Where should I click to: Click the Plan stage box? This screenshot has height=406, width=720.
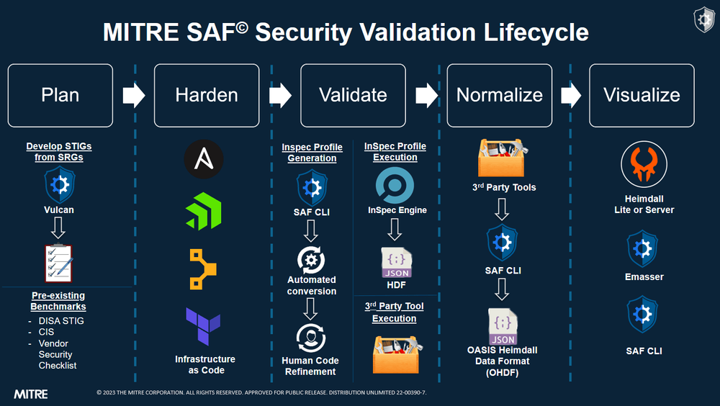(60, 95)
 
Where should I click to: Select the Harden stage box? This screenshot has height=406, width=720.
(207, 95)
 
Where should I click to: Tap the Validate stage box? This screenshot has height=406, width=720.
(353, 95)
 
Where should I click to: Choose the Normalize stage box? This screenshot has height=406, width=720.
(500, 95)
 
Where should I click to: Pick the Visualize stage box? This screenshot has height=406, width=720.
(642, 95)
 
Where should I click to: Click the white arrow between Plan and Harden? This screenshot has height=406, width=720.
(134, 96)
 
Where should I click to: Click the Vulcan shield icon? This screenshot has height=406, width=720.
(60, 186)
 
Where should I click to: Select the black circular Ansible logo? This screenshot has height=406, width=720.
(204, 159)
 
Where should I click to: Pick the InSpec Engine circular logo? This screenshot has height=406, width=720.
(395, 186)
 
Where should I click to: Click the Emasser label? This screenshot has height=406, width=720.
(644, 276)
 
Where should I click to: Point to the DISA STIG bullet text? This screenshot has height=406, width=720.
(60, 320)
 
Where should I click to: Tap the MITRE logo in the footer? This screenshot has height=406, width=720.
(31, 394)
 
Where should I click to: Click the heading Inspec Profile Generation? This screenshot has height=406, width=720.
(312, 153)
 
